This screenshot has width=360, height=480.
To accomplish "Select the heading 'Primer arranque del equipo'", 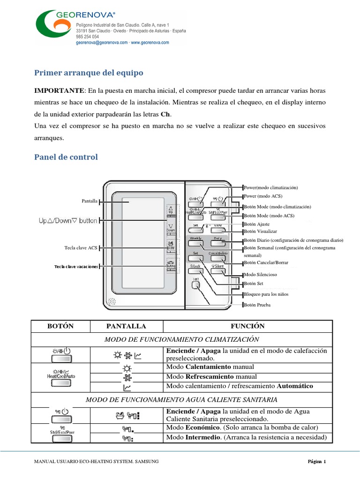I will (89, 73).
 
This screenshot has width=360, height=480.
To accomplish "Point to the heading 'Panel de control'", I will (66, 157).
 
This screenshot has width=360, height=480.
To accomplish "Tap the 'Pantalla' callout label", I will (90, 201).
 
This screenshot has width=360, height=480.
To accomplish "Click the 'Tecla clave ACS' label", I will (81, 247).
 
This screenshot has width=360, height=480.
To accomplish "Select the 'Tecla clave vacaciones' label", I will (76, 267).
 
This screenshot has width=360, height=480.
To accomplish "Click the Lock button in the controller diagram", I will (195, 266).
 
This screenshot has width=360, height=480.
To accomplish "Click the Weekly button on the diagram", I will (195, 239).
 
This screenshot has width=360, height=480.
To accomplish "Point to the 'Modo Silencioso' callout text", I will (261, 274).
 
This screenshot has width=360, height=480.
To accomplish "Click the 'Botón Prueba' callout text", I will (257, 305).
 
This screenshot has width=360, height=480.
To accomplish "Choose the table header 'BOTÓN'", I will (60, 326).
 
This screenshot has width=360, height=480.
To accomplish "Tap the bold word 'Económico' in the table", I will (200, 427).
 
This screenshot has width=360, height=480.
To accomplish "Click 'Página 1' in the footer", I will (316, 462).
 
